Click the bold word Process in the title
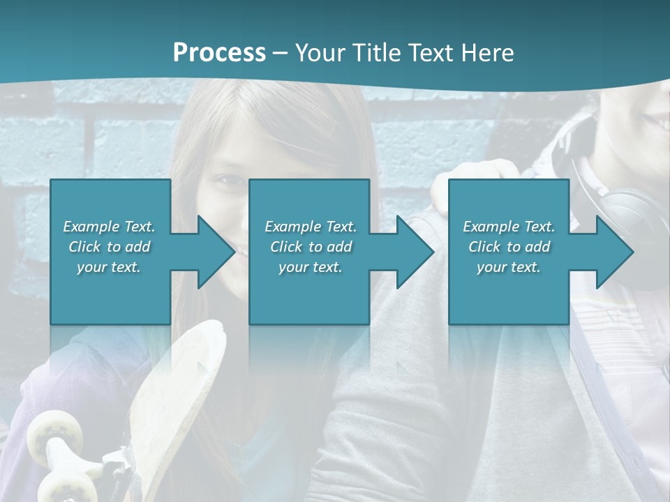[219, 52]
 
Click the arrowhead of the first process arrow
[216, 252]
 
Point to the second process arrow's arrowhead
[415, 252]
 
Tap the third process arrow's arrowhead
[615, 252]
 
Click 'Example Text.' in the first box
[109, 227]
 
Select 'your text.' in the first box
[109, 267]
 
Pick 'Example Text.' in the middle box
[311, 227]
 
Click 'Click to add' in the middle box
[311, 247]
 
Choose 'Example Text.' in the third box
[509, 227]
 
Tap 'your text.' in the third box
[509, 267]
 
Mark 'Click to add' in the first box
[109, 247]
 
